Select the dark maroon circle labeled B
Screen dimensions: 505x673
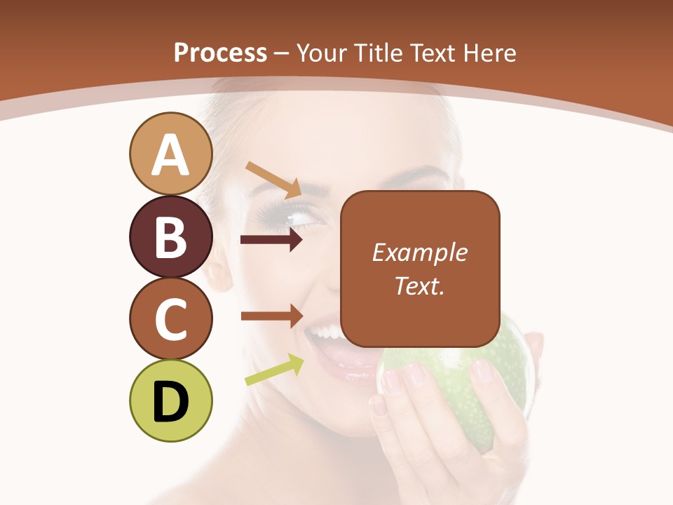point(170,236)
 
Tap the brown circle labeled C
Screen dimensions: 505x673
point(170,318)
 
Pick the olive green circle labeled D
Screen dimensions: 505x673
point(170,400)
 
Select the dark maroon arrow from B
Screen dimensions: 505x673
point(271,240)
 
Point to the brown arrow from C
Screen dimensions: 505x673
point(272,316)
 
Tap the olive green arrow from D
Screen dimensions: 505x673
point(274,370)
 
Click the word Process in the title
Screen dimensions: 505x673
point(220,53)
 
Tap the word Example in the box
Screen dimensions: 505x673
point(419,252)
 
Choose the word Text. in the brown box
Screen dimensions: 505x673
point(419,285)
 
